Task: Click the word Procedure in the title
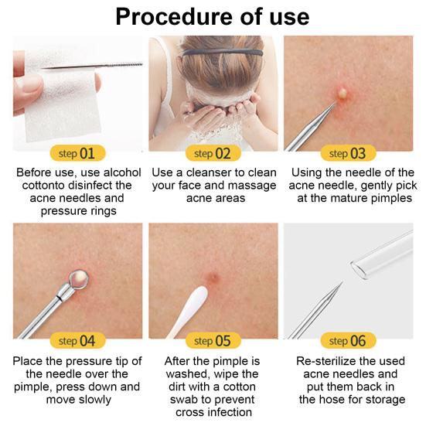175,17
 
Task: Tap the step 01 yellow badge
78,153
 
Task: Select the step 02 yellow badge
213,153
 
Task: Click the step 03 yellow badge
348,153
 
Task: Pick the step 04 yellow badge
78,340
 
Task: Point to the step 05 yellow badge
213,340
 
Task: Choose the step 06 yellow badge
348,340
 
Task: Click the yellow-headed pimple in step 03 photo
343,94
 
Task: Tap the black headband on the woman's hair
223,52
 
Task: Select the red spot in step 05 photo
213,278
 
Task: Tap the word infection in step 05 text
229,412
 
